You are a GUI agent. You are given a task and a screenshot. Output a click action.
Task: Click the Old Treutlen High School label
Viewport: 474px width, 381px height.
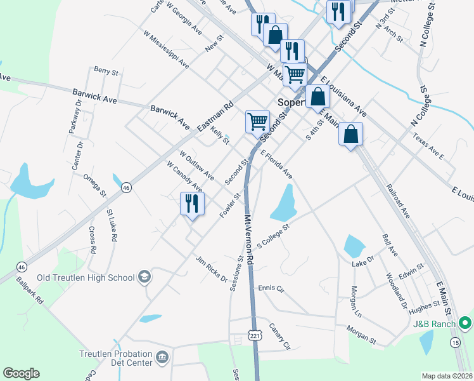click(x=86, y=277)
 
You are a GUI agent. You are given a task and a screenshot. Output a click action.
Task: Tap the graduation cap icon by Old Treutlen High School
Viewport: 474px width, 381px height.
click(x=144, y=277)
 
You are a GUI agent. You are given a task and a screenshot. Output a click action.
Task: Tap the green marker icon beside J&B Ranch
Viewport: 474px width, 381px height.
click(x=466, y=324)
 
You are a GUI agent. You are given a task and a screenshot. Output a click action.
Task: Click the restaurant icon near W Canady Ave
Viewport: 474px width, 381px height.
click(x=192, y=204)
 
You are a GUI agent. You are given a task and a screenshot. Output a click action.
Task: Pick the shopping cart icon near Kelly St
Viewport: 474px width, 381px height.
click(x=258, y=121)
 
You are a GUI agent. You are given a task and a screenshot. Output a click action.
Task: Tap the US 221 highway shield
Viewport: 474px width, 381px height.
click(x=255, y=335)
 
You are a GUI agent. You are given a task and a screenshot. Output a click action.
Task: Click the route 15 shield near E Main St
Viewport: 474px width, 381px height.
click(x=456, y=343)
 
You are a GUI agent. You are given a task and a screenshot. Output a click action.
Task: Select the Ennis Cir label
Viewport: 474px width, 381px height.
click(x=271, y=288)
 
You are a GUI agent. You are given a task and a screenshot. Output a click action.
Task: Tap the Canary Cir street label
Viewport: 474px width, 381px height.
click(x=279, y=337)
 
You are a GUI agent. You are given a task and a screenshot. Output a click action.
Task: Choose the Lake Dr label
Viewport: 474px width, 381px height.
click(x=363, y=261)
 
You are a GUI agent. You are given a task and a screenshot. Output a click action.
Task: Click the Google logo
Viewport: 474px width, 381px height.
click(x=21, y=373)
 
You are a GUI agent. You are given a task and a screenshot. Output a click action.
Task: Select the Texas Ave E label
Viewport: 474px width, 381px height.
click(x=428, y=145)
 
